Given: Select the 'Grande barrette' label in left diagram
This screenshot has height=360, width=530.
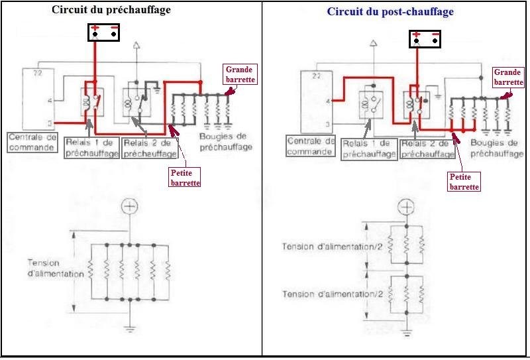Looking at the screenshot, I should pyautogui.click(x=240, y=74).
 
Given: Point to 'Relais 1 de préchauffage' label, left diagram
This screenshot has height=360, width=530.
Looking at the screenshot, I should pyautogui.click(x=91, y=148).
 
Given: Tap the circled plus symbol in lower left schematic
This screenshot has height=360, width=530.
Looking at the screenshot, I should pyautogui.click(x=130, y=206).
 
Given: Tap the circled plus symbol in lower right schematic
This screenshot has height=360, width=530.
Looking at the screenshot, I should pyautogui.click(x=407, y=206).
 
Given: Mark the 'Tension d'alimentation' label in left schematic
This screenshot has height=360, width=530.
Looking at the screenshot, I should pyautogui.click(x=56, y=268).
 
